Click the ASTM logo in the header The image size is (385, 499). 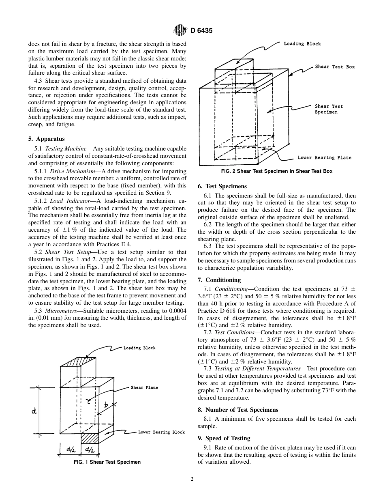point(179,30)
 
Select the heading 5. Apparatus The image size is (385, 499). point(46,139)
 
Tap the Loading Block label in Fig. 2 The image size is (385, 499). point(302,44)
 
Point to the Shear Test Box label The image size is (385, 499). point(335,67)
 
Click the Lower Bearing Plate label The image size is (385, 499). point(324,158)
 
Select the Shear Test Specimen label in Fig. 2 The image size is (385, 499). point(329,109)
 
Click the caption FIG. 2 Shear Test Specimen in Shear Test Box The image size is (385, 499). point(277,171)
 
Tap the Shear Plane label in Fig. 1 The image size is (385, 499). point(144,387)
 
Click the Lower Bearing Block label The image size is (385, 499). point(161,432)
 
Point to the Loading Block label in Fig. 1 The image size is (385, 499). point(139,348)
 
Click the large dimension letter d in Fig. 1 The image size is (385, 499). point(34,411)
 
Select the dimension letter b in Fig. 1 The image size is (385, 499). point(106,404)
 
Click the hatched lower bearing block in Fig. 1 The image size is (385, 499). point(90,439)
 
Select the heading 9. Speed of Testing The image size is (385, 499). point(224,438)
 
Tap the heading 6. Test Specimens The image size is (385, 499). point(222,187)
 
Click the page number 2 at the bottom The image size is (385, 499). point(192,479)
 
